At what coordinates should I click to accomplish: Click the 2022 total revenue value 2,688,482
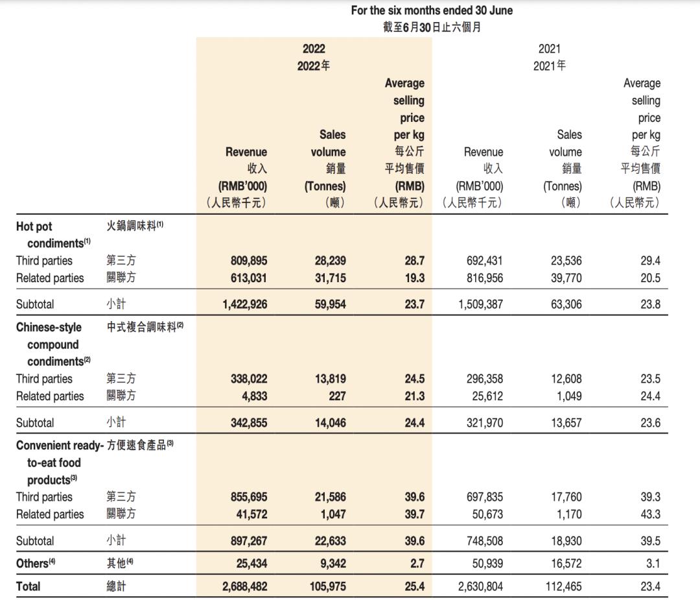click(x=244, y=586)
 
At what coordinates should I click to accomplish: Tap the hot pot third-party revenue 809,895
click(x=249, y=261)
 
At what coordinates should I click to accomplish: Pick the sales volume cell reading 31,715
click(x=330, y=278)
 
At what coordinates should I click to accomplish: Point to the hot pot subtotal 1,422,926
click(x=244, y=304)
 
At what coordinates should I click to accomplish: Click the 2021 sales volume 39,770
click(x=566, y=278)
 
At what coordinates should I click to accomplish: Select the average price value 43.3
click(x=649, y=514)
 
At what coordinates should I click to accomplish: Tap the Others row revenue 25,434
click(x=252, y=563)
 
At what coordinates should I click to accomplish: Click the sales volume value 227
click(x=337, y=396)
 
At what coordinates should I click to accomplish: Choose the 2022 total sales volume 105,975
click(x=327, y=586)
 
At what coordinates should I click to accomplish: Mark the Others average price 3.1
click(x=653, y=563)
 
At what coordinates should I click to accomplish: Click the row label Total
click(x=28, y=586)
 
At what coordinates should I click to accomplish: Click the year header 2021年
click(x=549, y=66)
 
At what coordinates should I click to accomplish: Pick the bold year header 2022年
click(x=313, y=66)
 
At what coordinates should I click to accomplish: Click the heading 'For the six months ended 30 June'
click(x=432, y=10)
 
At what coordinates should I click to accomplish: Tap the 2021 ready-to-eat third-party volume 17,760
click(x=566, y=497)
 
